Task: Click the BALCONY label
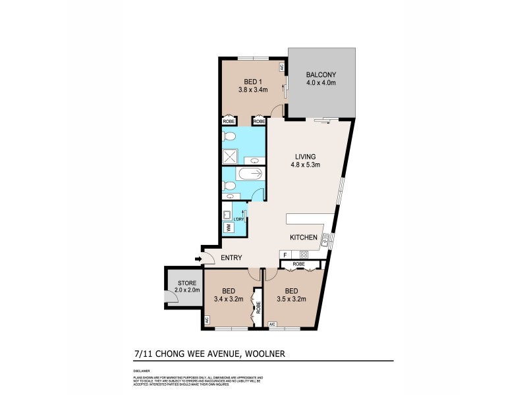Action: click(321, 75)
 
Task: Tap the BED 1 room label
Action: click(252, 82)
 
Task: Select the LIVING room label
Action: click(306, 157)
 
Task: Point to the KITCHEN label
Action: click(304, 237)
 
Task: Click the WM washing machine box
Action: click(228, 228)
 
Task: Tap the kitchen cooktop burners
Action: click(304, 255)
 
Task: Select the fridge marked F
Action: click(285, 255)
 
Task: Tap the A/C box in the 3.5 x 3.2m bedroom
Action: click(273, 324)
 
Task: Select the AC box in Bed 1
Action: click(282, 67)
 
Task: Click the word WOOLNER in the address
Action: click(265, 354)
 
